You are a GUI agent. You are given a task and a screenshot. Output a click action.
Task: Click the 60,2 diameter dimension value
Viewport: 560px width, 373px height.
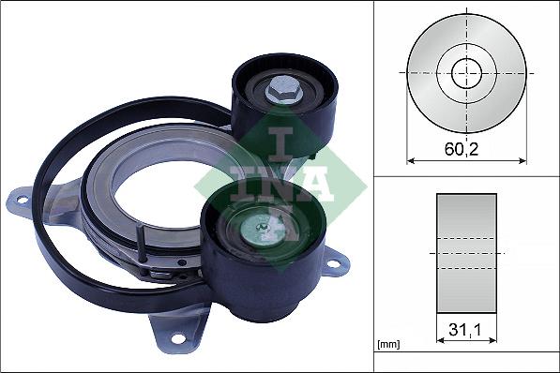tap(462, 149)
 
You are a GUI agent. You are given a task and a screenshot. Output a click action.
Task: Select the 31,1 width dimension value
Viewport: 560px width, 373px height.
tap(464, 330)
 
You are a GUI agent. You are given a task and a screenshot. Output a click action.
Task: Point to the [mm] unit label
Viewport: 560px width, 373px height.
tap(388, 345)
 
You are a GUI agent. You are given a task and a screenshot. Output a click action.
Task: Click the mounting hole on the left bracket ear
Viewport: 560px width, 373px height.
tap(23, 201)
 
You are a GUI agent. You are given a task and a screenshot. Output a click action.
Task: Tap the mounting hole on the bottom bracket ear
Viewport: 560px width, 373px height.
tap(178, 338)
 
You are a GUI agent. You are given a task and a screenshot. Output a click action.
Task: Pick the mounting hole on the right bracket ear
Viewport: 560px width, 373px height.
tap(334, 264)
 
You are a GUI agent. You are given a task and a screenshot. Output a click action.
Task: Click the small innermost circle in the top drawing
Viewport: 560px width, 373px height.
tap(467, 73)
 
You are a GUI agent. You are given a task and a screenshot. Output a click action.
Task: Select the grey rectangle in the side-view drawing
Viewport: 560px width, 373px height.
tap(466, 253)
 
